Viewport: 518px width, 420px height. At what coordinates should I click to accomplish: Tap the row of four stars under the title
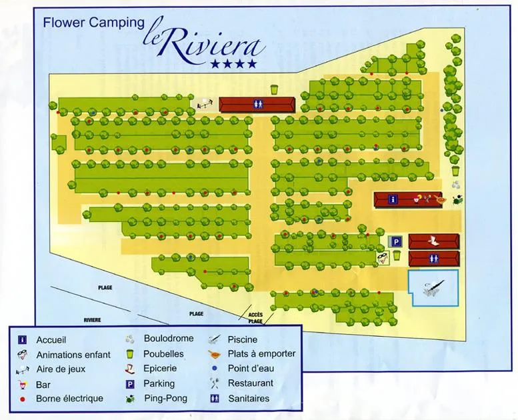(x=233, y=64)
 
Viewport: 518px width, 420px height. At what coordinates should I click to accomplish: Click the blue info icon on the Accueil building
(x=393, y=199)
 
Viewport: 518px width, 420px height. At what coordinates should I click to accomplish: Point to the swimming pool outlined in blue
(x=433, y=288)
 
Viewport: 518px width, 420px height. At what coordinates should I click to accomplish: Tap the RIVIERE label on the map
(x=92, y=320)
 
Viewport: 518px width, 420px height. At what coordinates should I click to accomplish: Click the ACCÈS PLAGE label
(x=255, y=317)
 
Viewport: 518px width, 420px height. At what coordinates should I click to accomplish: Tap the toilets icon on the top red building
(x=257, y=104)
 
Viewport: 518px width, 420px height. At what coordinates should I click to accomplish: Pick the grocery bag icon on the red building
(x=434, y=241)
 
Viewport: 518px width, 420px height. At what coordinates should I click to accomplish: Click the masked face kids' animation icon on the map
(x=382, y=257)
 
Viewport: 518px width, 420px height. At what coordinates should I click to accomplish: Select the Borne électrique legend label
(x=70, y=399)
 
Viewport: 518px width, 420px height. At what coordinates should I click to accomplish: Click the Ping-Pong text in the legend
(x=165, y=399)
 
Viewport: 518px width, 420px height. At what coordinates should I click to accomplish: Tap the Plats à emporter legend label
(x=261, y=354)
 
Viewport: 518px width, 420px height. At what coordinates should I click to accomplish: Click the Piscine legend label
(x=243, y=339)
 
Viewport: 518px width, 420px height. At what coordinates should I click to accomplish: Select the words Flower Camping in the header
(x=93, y=22)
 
